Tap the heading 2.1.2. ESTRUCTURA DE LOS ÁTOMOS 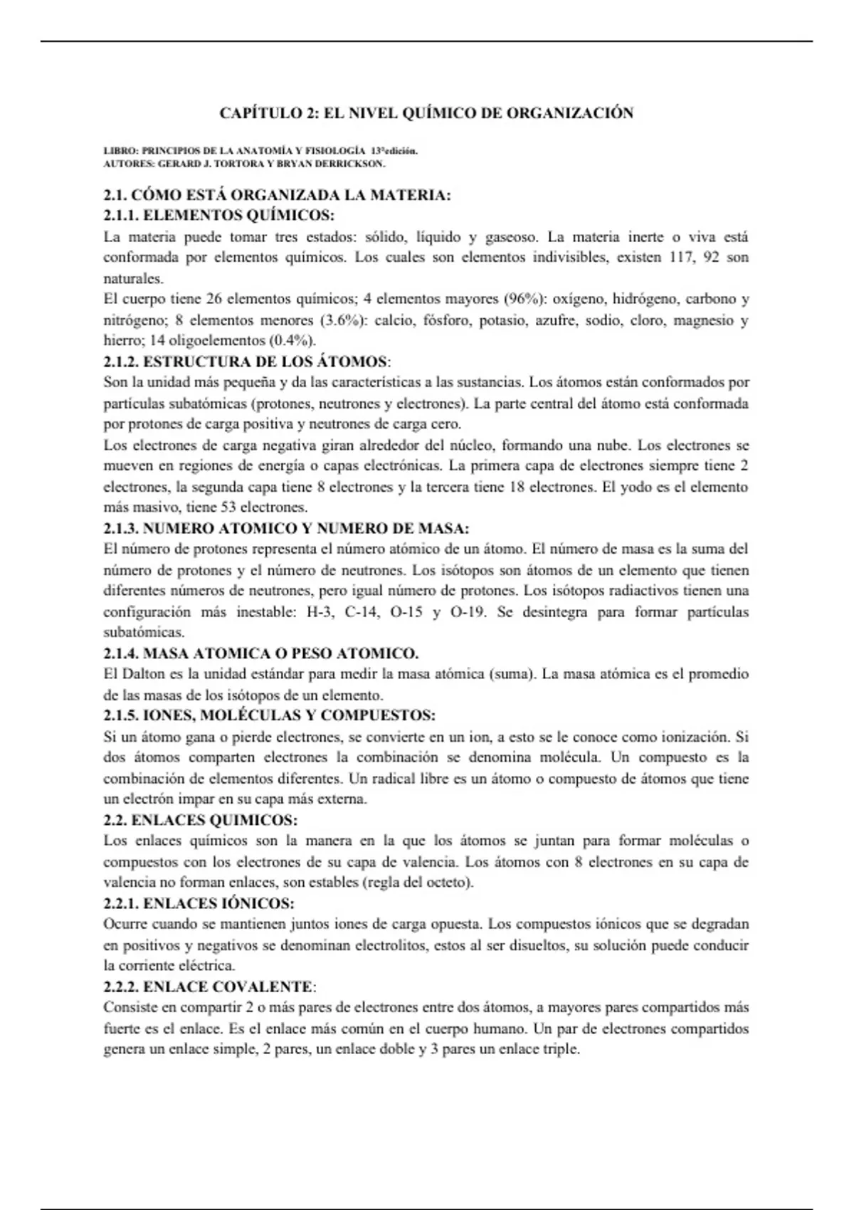pos(246,362)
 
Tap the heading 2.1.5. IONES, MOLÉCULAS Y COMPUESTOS pos(269,715)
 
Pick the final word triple pos(561,1049)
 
